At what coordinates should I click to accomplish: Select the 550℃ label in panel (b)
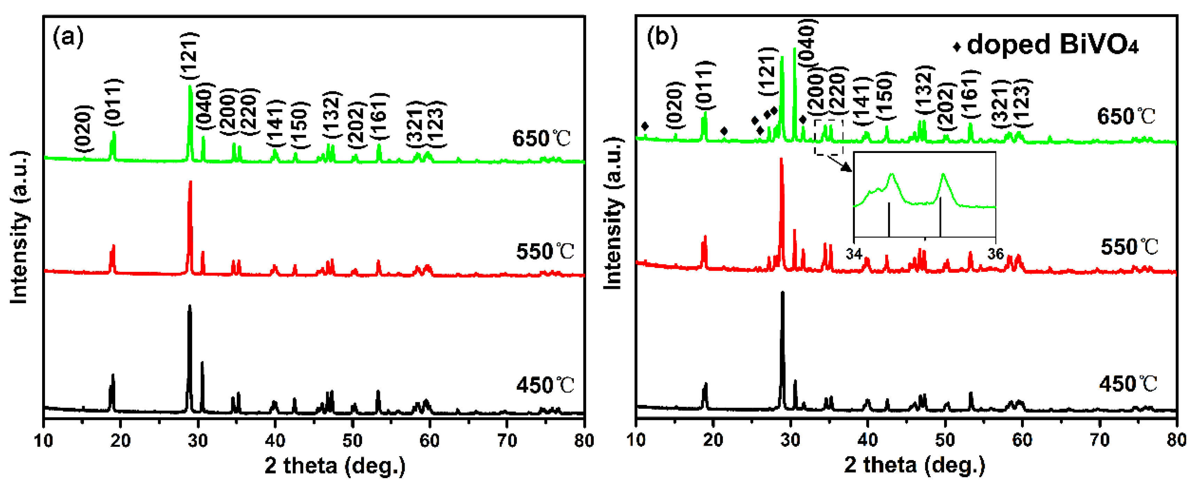click(x=1129, y=247)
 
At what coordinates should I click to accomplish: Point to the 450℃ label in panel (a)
click(x=545, y=385)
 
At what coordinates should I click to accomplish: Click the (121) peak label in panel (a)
click(x=190, y=56)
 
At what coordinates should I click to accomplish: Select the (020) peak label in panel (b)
click(x=675, y=105)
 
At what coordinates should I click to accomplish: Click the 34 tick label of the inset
click(x=854, y=254)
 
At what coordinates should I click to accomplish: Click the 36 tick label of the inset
click(x=996, y=254)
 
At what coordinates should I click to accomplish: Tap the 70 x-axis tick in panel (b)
click(x=1099, y=440)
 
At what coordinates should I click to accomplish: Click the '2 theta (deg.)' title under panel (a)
click(x=335, y=465)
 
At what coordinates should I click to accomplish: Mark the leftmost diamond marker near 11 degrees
click(x=645, y=126)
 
